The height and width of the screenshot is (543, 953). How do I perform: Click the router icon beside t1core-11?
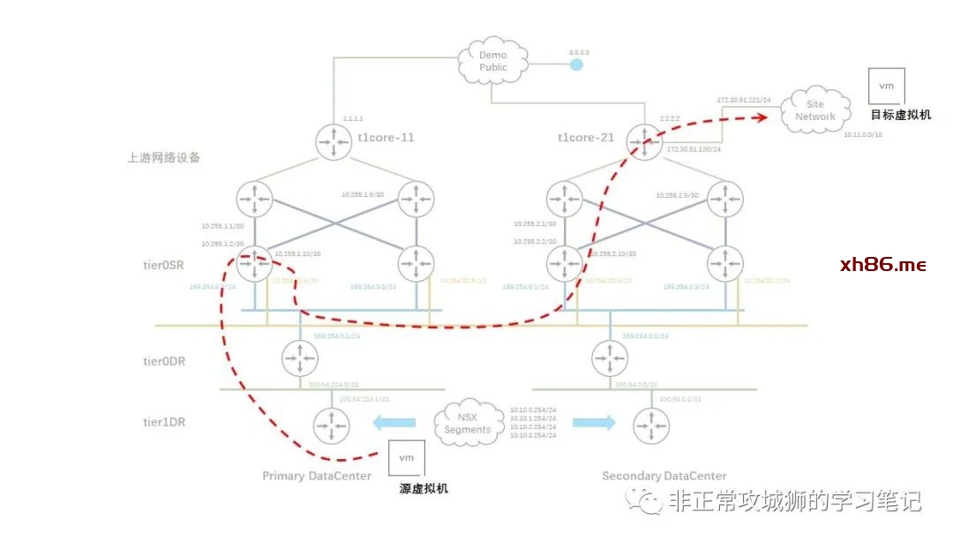334,143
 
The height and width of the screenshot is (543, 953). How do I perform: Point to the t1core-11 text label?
385,138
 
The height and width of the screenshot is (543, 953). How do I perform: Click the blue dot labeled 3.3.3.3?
576,64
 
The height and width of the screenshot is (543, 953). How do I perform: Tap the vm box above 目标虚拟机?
886,87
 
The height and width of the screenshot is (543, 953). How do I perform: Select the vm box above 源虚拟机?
407,458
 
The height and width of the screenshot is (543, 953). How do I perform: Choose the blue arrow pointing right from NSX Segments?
593,423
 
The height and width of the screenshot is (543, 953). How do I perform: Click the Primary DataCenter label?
317,476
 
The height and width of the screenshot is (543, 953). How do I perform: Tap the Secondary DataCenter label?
652,476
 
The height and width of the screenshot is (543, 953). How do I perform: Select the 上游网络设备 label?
163,159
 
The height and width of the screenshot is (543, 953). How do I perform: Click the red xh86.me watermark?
882,265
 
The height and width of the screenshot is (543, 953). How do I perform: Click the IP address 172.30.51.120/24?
694,150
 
